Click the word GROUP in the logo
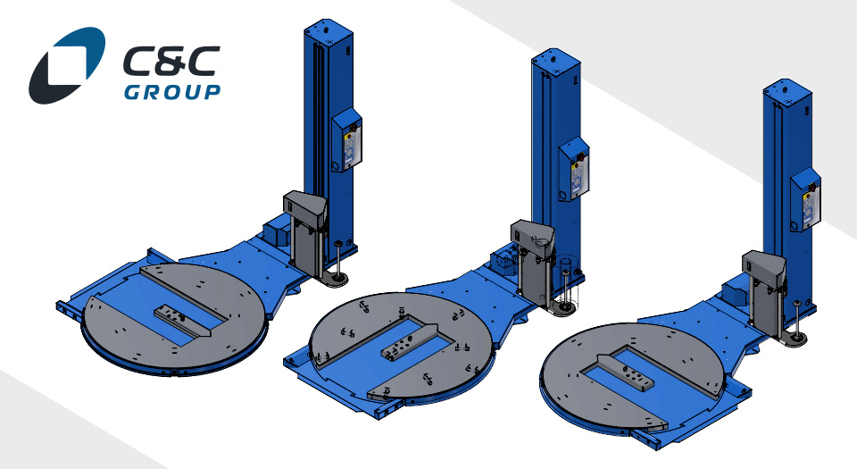click(172, 92)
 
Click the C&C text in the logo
click(171, 62)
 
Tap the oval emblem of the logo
click(67, 65)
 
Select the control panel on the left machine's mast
click(347, 139)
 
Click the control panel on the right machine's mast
click(805, 199)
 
